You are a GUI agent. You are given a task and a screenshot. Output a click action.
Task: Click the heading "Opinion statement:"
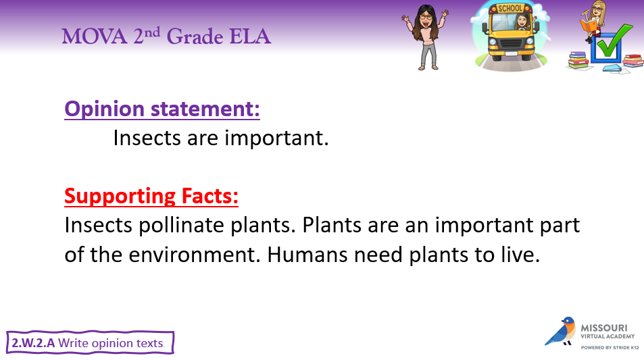[162, 109]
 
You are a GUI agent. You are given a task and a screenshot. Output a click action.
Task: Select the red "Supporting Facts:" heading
[151, 197]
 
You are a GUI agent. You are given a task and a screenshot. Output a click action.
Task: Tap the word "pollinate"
[182, 226]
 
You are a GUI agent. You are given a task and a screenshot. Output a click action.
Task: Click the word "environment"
[195, 255]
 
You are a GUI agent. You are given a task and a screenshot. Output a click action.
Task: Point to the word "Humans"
[307, 255]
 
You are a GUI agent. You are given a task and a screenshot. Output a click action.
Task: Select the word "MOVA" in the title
[95, 36]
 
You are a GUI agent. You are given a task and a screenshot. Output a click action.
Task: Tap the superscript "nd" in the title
[152, 32]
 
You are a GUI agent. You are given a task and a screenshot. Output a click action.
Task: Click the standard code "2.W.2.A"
[33, 342]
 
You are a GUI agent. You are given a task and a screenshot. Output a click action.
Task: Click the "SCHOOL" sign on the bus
[510, 8]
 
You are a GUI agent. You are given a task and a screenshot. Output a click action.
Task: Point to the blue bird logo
[560, 331]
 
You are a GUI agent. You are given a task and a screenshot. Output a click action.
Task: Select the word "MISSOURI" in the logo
[603, 328]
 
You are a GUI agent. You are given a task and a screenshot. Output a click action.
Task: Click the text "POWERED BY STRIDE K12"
[610, 348]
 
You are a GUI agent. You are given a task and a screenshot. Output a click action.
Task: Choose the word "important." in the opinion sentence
[276, 138]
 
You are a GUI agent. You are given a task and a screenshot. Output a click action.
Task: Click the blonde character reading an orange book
[593, 22]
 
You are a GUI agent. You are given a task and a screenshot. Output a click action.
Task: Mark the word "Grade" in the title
[195, 36]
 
